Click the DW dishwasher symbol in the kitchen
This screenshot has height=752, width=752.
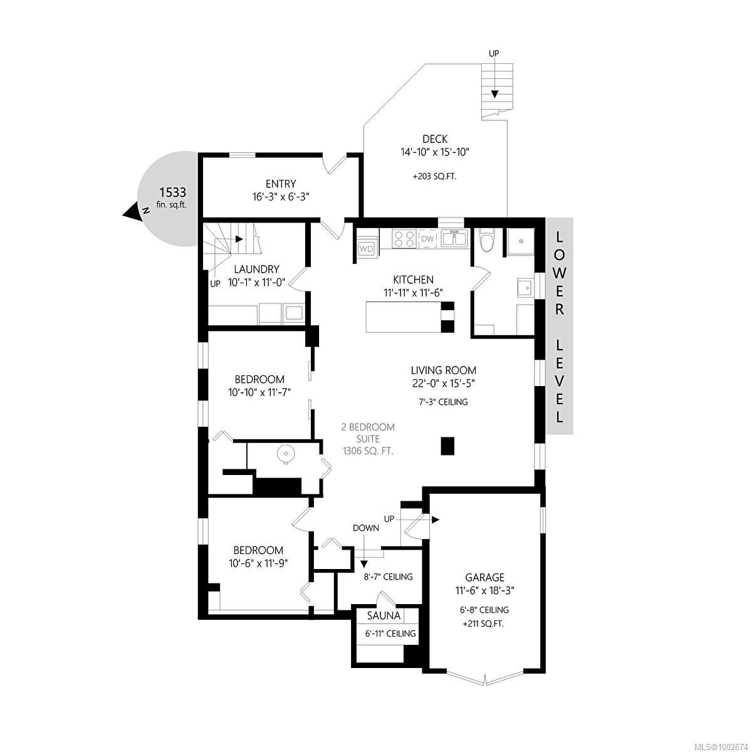point(428,239)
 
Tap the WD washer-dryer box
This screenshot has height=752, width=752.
point(367,249)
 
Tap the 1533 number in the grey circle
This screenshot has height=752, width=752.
point(172,192)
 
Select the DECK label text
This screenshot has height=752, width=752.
point(435,139)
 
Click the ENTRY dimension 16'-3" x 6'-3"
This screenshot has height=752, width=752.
point(281,197)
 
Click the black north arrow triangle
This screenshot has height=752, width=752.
point(131,212)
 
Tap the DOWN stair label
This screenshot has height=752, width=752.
point(365,528)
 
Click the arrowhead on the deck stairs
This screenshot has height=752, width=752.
point(494,94)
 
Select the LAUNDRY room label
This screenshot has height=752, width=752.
point(256,269)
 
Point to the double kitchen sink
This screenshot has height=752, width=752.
point(454,239)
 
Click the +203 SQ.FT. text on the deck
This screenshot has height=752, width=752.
point(434,176)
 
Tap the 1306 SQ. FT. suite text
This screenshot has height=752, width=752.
point(368,451)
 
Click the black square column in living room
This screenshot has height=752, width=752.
point(447,446)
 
